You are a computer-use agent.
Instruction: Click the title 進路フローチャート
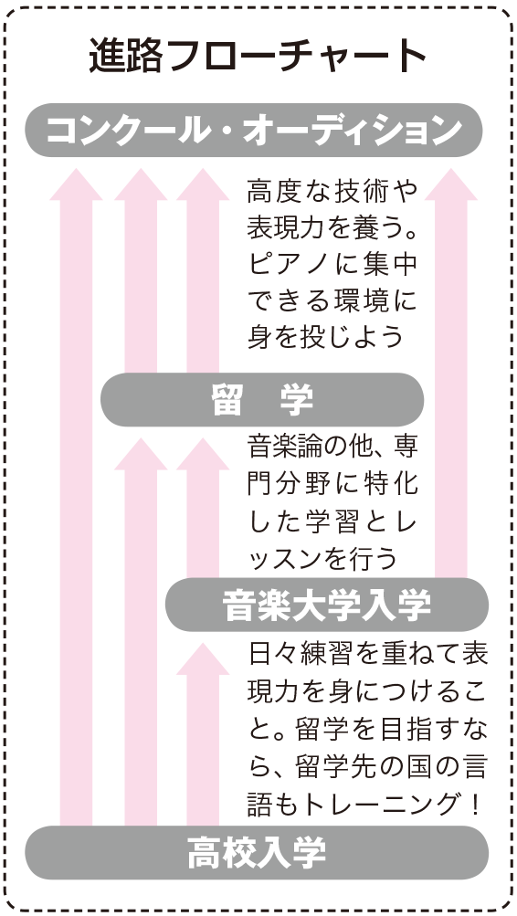tap(258, 57)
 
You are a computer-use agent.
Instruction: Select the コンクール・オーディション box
tap(254, 131)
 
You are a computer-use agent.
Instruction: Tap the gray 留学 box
tap(262, 400)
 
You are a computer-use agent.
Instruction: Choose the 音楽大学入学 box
tap(327, 605)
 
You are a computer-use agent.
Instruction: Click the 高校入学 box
tap(257, 852)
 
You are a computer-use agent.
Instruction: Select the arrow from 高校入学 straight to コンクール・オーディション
tap(76, 497)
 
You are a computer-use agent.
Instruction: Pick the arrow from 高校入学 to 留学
tap(141, 631)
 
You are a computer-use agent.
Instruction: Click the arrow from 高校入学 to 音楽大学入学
tap(203, 734)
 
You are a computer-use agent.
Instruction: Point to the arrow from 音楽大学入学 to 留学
tap(203, 508)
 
